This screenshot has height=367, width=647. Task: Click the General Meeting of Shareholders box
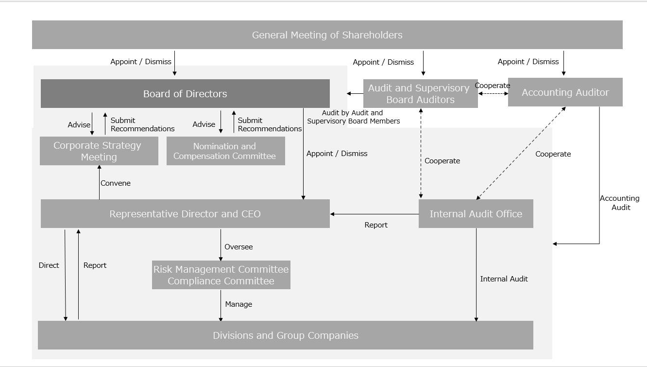(327, 35)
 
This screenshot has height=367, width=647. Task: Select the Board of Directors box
(185, 94)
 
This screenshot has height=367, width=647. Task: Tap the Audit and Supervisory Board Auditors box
(420, 94)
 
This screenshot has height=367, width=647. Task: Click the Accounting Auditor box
(565, 92)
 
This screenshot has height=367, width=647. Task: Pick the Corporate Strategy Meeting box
(99, 151)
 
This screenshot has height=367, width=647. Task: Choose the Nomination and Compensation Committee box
(225, 151)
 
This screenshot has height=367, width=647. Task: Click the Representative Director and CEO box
(185, 214)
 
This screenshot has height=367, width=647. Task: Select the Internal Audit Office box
(476, 214)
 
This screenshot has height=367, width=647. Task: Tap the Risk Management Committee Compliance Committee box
(221, 275)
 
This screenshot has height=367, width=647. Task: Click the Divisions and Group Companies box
(285, 335)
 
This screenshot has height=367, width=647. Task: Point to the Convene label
(116, 183)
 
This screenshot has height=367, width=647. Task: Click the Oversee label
(238, 247)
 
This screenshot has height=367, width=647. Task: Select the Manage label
(238, 304)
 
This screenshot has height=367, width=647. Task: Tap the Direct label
(49, 265)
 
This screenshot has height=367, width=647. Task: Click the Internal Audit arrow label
(504, 279)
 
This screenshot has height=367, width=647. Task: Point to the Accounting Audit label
(620, 203)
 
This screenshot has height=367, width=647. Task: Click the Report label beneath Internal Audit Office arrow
(376, 225)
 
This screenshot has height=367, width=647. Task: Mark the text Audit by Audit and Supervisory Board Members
(353, 117)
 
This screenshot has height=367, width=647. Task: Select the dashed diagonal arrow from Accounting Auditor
(521, 154)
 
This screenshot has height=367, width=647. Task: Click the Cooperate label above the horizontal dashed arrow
(492, 86)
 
